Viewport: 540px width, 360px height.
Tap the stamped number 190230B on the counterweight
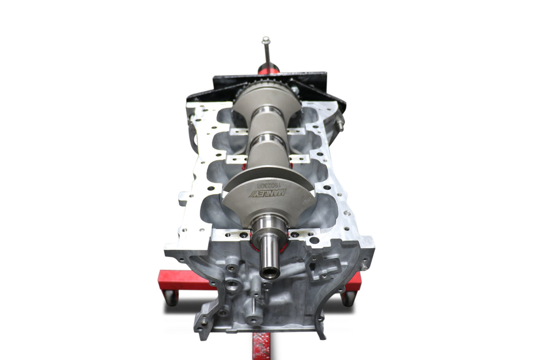click(268, 185)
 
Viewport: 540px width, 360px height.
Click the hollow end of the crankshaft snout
click(270, 273)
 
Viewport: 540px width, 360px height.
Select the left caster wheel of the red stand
click(171, 298)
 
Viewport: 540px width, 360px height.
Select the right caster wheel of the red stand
click(348, 298)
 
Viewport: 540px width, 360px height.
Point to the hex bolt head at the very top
click(266, 40)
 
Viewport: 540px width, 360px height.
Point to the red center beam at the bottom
click(261, 345)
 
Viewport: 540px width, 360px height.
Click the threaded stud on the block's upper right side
click(340, 125)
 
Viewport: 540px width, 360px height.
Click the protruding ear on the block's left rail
click(183, 199)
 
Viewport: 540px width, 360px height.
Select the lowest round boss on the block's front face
click(254, 318)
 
